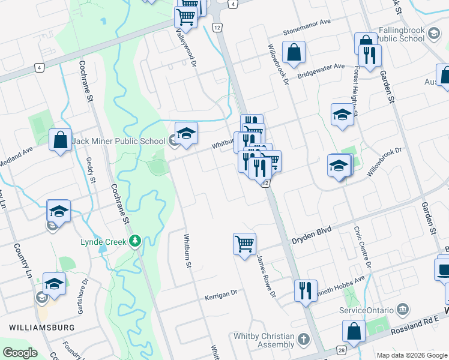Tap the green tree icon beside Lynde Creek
(x=136, y=241)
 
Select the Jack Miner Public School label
(x=118, y=142)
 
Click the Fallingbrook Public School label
(x=402, y=34)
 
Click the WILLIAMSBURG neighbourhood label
(x=41, y=328)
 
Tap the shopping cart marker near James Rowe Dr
(x=244, y=244)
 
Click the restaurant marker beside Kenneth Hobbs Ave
(x=306, y=290)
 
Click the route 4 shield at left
(x=38, y=68)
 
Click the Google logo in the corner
(x=19, y=353)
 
